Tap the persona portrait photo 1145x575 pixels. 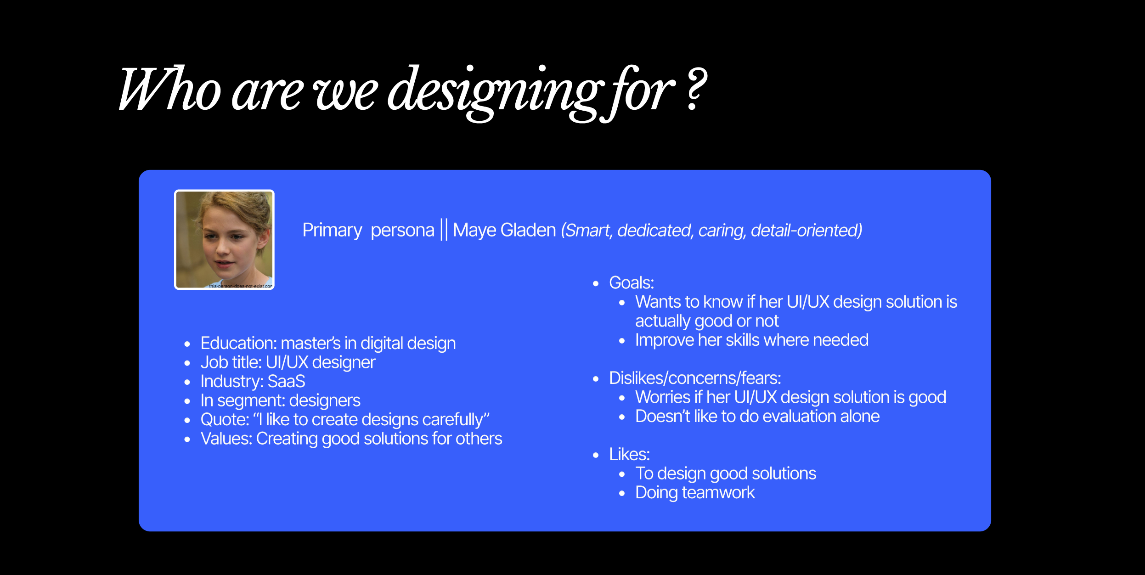pyautogui.click(x=224, y=240)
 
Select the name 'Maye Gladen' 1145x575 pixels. pyautogui.click(x=504, y=230)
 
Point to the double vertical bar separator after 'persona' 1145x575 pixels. pyautogui.click(x=444, y=230)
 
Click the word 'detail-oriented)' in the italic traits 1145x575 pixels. pyautogui.click(x=807, y=230)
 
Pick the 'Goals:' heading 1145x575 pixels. pyautogui.click(x=632, y=282)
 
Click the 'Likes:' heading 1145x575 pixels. pyautogui.click(x=629, y=454)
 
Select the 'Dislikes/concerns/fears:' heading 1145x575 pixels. pyautogui.click(x=695, y=378)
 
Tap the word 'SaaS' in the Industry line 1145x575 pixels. pyautogui.click(x=286, y=382)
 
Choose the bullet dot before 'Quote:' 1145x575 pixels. pyautogui.click(x=187, y=420)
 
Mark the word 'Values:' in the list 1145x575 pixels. pyautogui.click(x=226, y=439)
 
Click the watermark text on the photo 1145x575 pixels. pyautogui.click(x=241, y=286)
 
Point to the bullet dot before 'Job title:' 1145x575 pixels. pyautogui.click(x=187, y=363)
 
